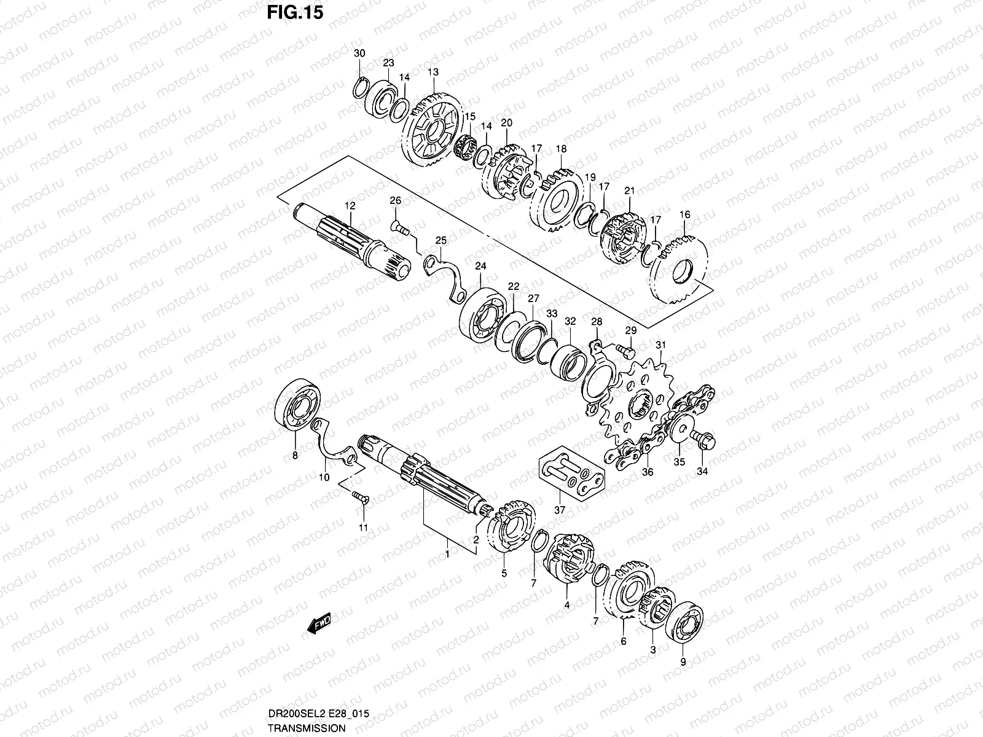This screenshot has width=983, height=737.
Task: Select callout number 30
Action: point(359,53)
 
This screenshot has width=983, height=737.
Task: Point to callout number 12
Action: point(350,206)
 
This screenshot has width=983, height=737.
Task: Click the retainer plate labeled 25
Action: point(445,273)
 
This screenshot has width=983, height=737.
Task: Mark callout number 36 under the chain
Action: point(648,472)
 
